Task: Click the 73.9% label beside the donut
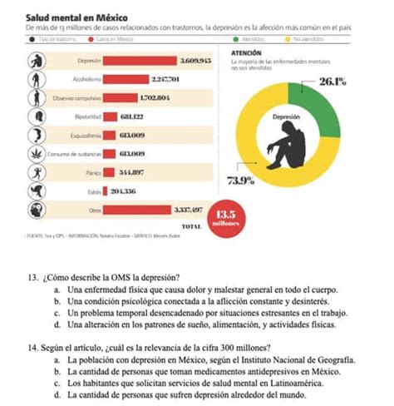pyautogui.click(x=240, y=181)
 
